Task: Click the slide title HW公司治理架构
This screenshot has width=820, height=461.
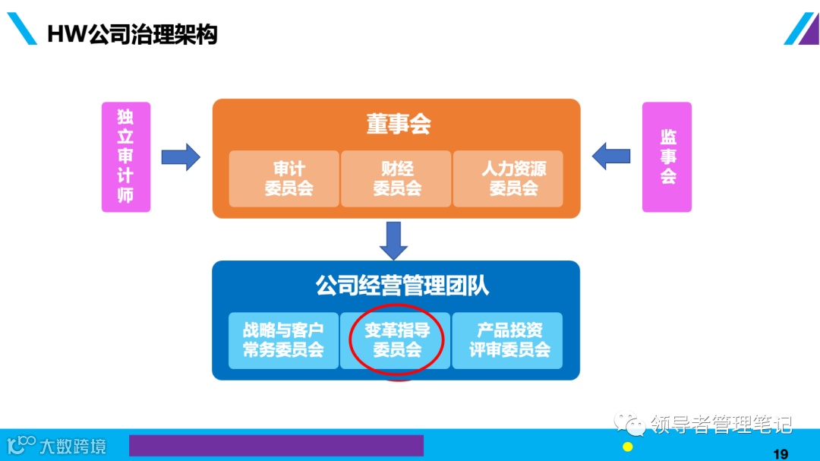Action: (133, 34)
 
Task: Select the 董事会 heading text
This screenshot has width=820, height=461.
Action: (399, 125)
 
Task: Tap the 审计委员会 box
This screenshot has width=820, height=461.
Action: (284, 178)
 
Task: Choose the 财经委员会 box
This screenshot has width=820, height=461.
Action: (396, 178)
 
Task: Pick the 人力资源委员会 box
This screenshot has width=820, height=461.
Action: (508, 178)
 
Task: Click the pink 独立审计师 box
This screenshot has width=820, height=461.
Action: (126, 157)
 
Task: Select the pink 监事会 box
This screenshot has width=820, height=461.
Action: (667, 157)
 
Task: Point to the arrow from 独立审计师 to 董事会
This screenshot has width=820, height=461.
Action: (181, 157)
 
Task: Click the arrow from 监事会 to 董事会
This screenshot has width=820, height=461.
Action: (611, 157)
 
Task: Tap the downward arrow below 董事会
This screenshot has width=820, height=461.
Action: (393, 240)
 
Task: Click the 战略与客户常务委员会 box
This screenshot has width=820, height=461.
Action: (283, 340)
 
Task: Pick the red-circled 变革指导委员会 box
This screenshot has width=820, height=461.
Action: (396, 340)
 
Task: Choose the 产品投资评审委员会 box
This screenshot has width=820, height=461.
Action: (508, 340)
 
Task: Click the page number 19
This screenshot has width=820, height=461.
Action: (780, 454)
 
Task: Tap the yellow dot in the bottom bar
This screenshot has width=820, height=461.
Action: (627, 447)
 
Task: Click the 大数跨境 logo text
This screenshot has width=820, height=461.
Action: (73, 446)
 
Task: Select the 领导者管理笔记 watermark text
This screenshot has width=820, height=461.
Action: (721, 424)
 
